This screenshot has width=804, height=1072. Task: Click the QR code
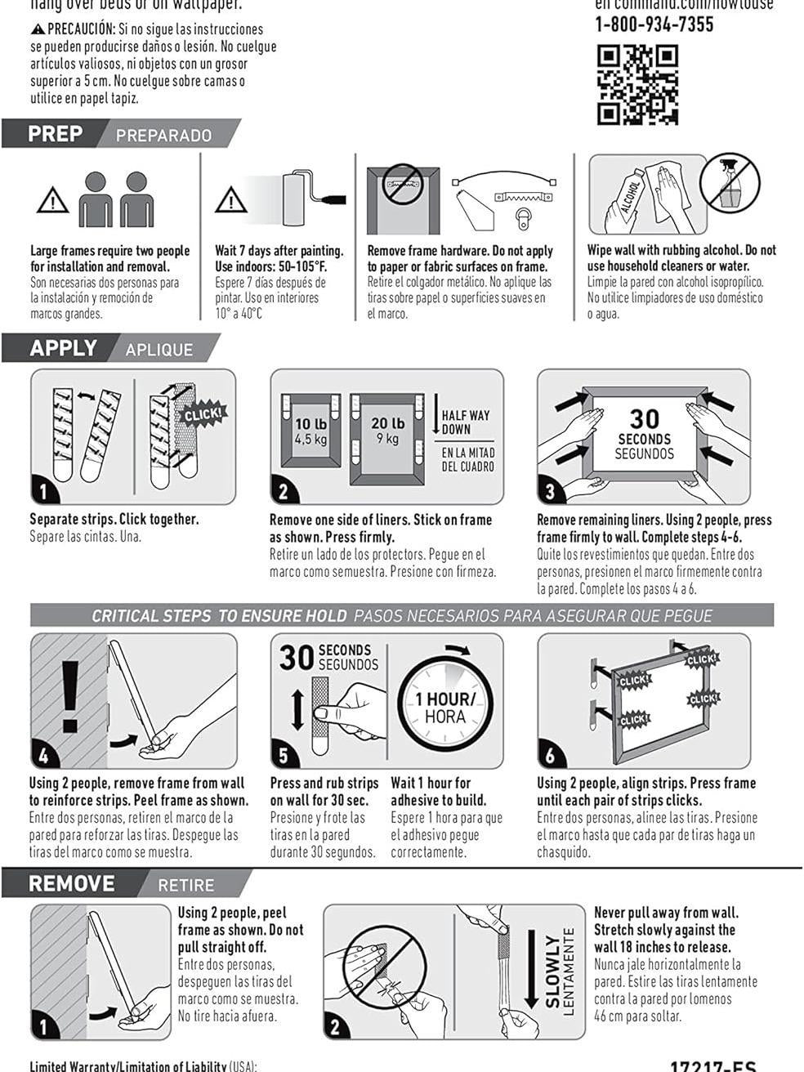[637, 85]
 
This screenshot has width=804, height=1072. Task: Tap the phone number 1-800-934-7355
[654, 25]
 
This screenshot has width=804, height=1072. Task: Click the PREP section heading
[56, 134]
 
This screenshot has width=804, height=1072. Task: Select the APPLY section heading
[64, 348]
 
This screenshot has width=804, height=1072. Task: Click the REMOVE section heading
[72, 884]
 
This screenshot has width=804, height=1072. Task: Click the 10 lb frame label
[310, 430]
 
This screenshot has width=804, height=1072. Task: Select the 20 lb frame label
[387, 430]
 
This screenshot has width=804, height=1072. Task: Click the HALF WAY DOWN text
[466, 422]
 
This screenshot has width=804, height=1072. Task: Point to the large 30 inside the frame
[644, 419]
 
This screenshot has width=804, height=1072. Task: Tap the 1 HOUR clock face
[444, 706]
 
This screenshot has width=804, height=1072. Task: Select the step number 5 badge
[283, 753]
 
